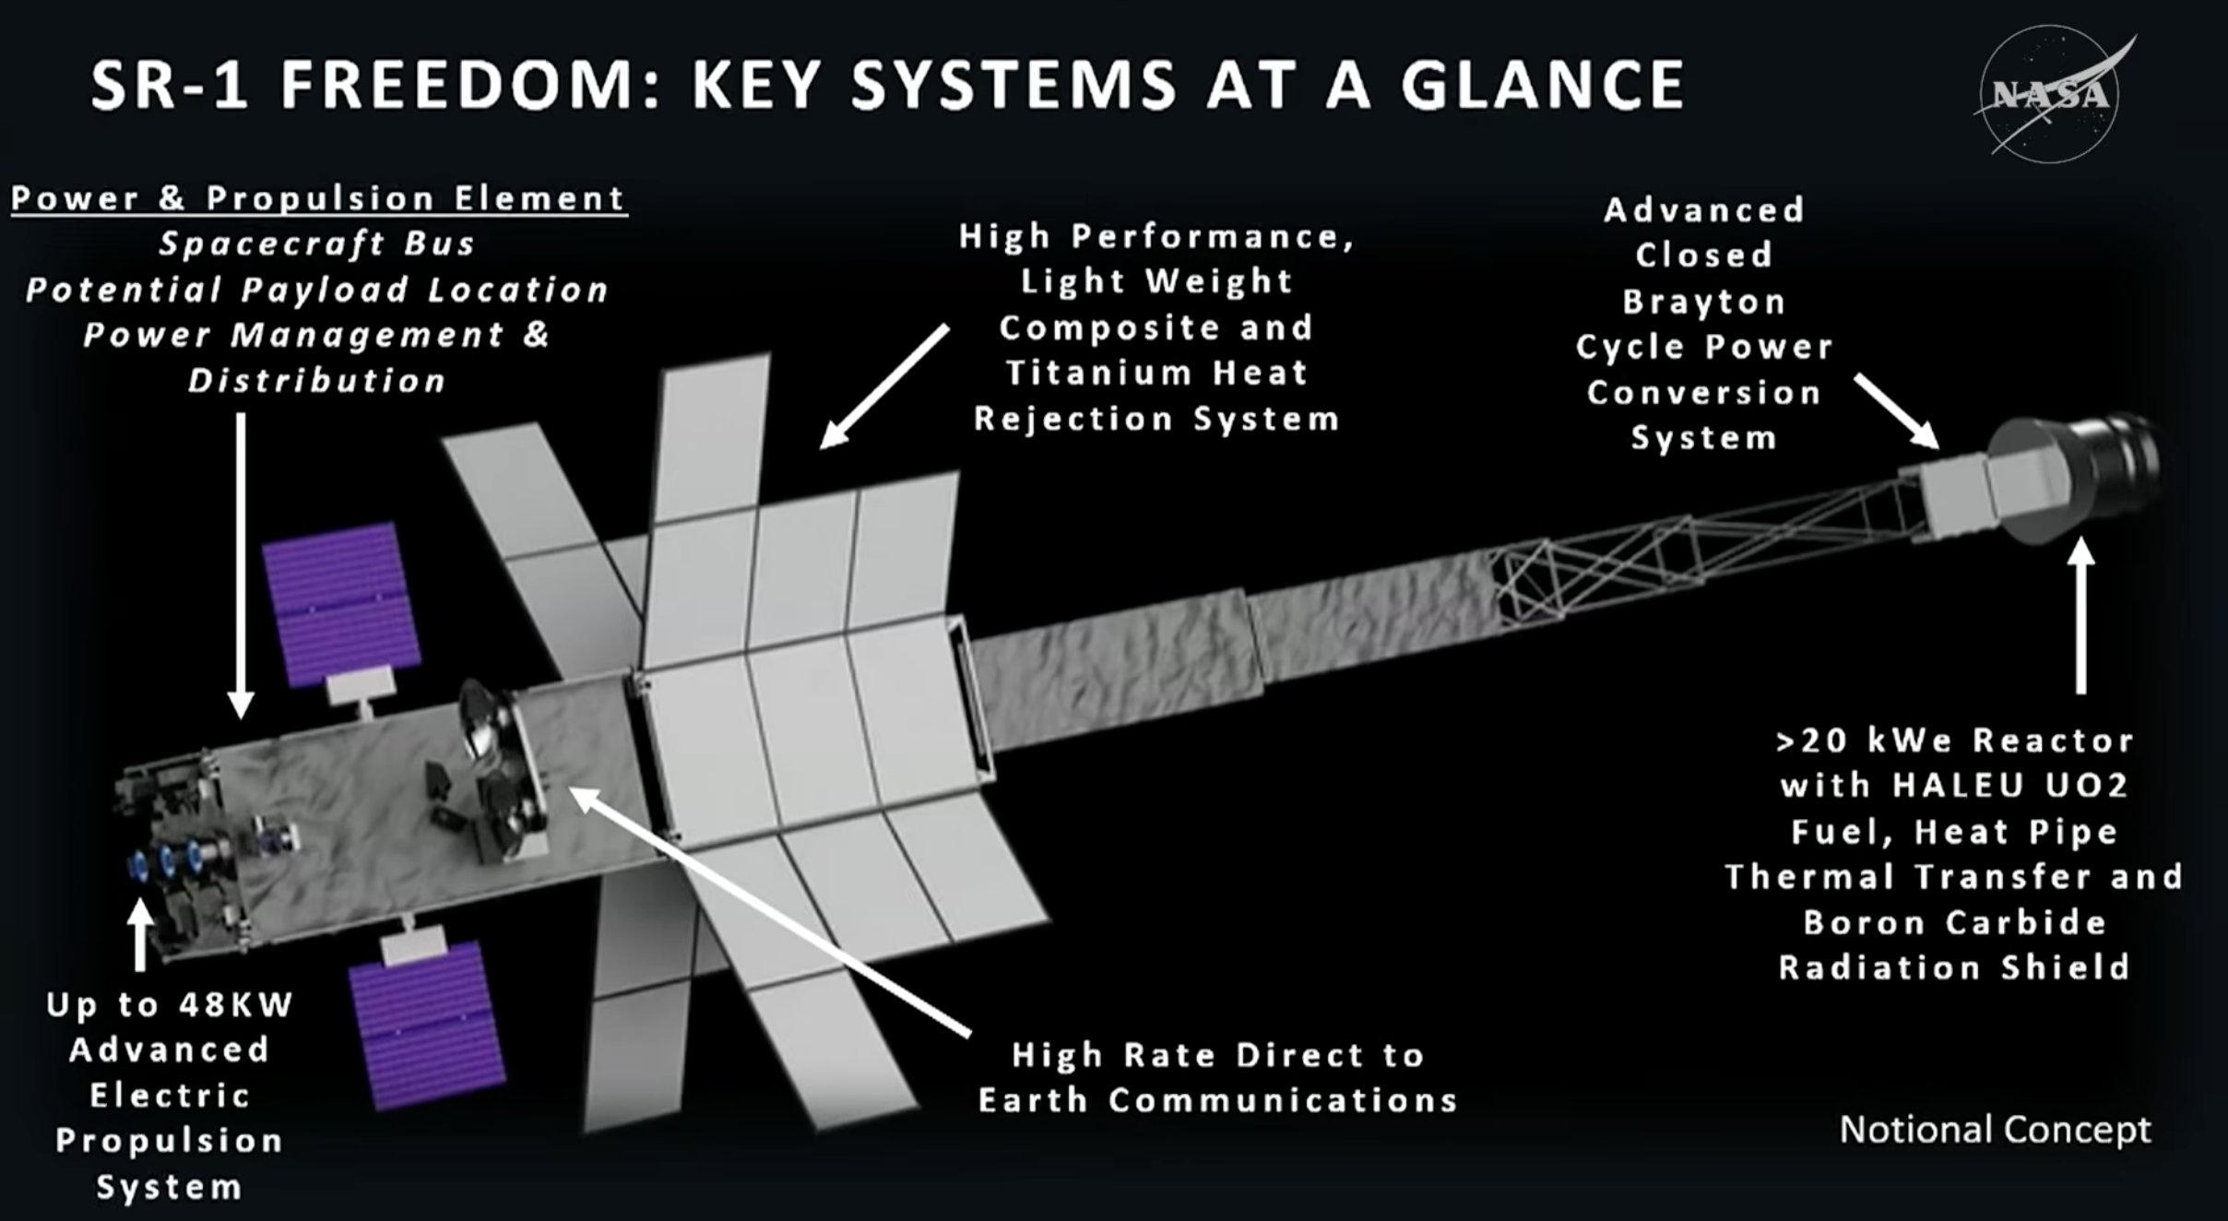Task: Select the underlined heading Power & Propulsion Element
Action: point(319,198)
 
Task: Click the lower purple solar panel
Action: point(427,1024)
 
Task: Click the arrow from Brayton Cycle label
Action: point(1896,411)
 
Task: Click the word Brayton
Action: point(1703,302)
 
